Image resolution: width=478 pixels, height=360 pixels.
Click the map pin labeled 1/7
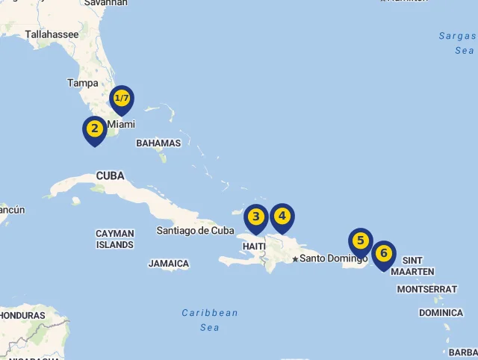coord(121,99)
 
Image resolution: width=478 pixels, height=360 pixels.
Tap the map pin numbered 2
coord(94,129)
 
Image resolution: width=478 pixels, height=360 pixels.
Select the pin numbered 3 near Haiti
coord(256,217)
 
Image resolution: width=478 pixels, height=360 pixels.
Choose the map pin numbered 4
coord(282,217)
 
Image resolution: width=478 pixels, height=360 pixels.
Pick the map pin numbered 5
coord(361,241)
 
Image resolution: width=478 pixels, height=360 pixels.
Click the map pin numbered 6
coord(384,254)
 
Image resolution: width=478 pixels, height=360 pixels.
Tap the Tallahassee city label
coord(52,34)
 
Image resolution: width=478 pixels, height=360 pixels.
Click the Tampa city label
coord(82,83)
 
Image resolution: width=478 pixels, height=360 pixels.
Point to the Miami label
coord(122,124)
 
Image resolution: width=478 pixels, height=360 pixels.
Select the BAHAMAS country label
coord(158,143)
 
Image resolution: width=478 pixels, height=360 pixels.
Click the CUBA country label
coord(110,176)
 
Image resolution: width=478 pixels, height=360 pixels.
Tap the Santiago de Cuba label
coord(195,231)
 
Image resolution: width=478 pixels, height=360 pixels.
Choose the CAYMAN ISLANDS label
coord(115,239)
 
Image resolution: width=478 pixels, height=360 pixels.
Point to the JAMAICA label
coord(169,264)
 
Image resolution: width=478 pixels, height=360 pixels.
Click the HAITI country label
coord(254,246)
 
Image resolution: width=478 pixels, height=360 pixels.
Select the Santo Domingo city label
coord(334,258)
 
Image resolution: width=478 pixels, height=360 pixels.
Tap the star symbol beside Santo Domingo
coord(295,259)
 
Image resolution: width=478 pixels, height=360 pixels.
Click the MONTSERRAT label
coord(426,289)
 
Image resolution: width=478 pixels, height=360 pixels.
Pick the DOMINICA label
coord(441,313)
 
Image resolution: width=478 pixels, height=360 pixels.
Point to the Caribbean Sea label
coord(210,320)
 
